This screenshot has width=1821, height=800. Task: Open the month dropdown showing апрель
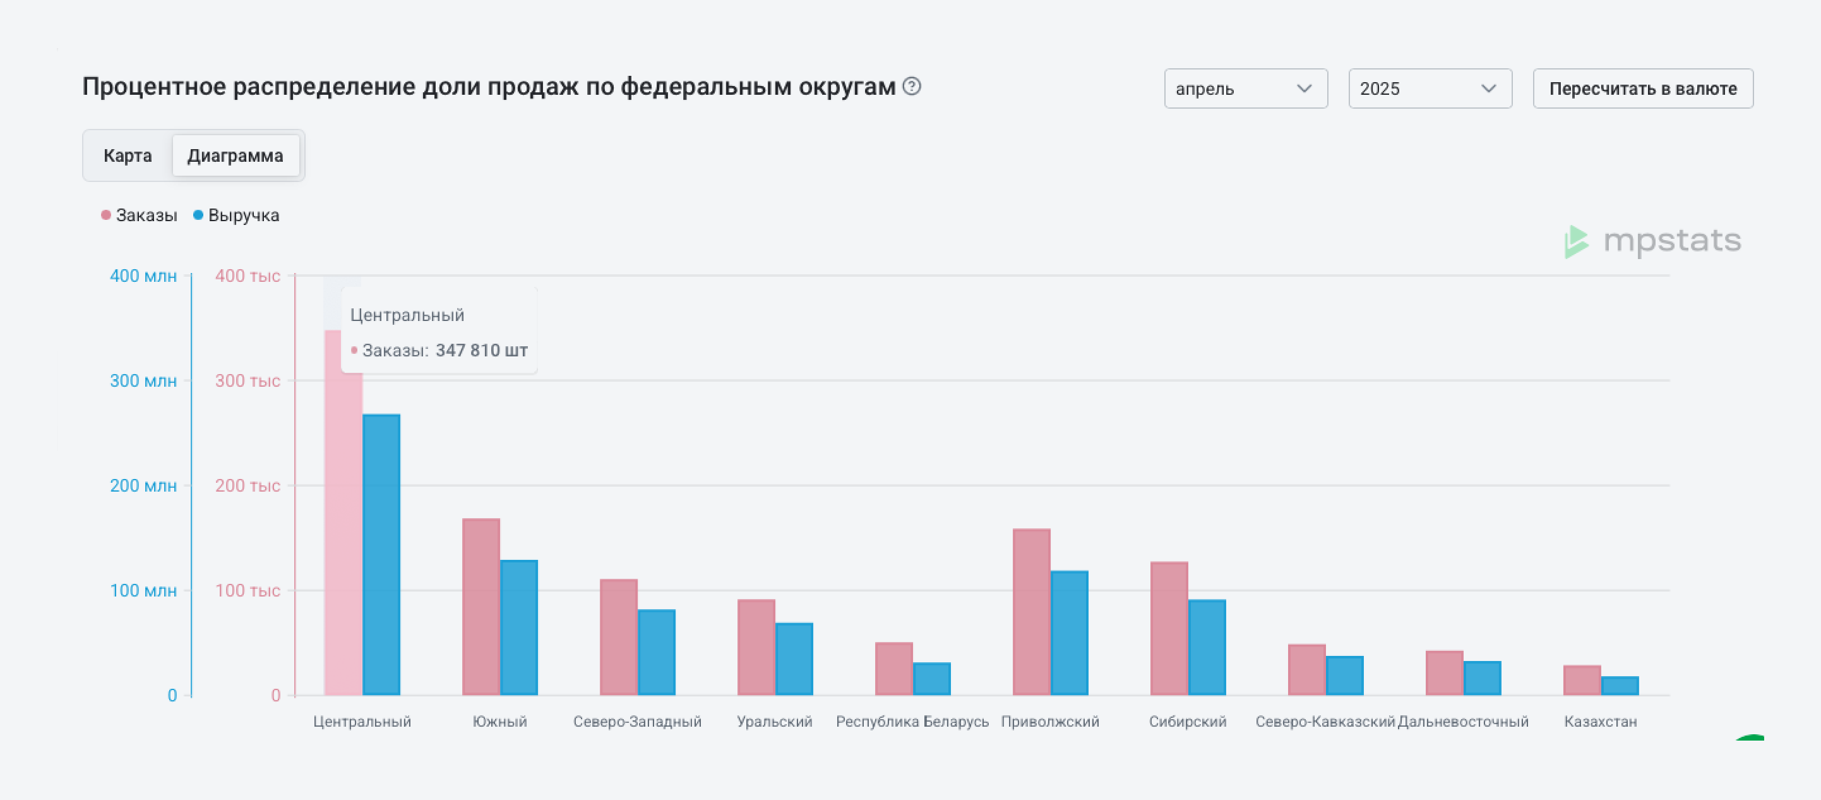pyautogui.click(x=1246, y=88)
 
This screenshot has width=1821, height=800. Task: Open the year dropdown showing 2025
pyautogui.click(x=1430, y=88)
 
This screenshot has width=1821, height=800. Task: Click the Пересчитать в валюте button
pyautogui.click(x=1643, y=88)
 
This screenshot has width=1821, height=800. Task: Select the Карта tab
pyautogui.click(x=128, y=155)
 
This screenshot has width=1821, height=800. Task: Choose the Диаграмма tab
pyautogui.click(x=236, y=155)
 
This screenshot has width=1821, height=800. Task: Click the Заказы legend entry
pyautogui.click(x=140, y=215)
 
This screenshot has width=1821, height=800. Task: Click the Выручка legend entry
pyautogui.click(x=236, y=215)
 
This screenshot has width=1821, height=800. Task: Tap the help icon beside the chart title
pyautogui.click(x=912, y=87)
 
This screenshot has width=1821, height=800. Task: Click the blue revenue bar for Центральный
pyautogui.click(x=381, y=555)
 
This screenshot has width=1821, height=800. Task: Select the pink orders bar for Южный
pyautogui.click(x=481, y=607)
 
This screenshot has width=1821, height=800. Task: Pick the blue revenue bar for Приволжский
pyautogui.click(x=1069, y=633)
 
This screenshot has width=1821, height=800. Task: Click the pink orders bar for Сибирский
pyautogui.click(x=1169, y=629)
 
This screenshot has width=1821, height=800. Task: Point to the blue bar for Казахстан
pyautogui.click(x=1620, y=686)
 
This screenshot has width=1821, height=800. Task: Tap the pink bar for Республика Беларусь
pyautogui.click(x=893, y=669)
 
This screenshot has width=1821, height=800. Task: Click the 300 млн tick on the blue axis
pyautogui.click(x=143, y=380)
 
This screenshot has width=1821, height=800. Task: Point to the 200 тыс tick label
pyautogui.click(x=248, y=485)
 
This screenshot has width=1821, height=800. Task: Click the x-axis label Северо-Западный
pyautogui.click(x=637, y=722)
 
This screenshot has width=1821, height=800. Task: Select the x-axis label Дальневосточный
pyautogui.click(x=1462, y=722)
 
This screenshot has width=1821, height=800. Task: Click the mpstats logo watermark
pyautogui.click(x=1653, y=241)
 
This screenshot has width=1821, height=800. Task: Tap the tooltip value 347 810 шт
pyautogui.click(x=481, y=350)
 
